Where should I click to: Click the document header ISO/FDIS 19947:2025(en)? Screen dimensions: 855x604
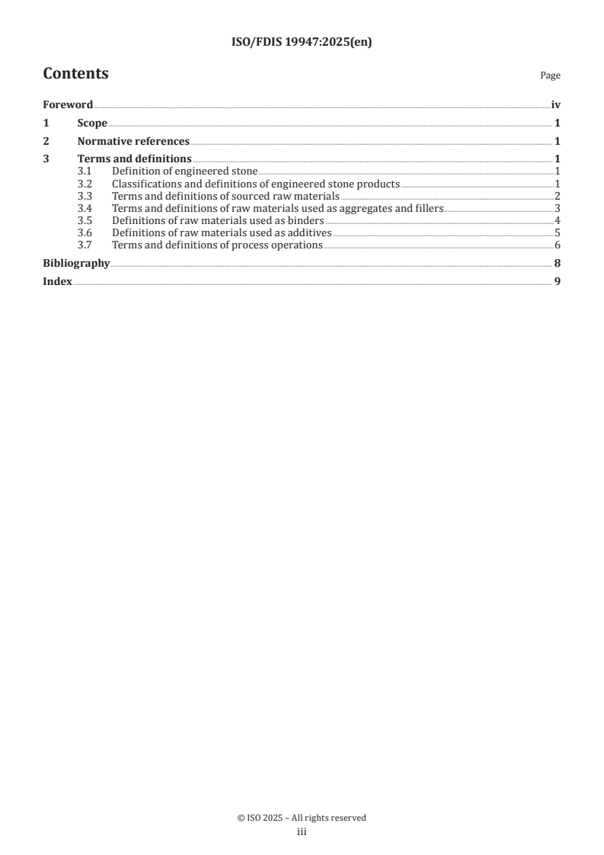[302, 43]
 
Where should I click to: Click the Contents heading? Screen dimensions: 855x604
[75, 74]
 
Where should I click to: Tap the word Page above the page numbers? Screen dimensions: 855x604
[550, 75]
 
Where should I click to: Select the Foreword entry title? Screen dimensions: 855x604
[68, 105]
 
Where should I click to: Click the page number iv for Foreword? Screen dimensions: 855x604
[556, 105]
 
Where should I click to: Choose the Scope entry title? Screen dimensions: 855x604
[92, 123]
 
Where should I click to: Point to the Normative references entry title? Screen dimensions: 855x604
[133, 141]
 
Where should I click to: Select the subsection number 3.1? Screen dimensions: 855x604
[85, 171]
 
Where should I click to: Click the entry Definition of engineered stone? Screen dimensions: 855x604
[184, 171]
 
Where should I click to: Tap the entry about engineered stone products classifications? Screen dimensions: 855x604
[255, 184]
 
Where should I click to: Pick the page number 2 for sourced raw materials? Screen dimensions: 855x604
[558, 196]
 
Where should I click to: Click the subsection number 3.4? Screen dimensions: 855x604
[85, 208]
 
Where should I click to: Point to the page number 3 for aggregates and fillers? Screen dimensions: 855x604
[558, 208]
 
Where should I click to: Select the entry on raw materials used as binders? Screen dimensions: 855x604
[218, 220]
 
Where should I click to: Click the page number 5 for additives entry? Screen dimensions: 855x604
[558, 232]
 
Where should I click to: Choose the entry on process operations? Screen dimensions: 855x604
[217, 245]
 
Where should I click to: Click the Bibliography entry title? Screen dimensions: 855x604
[76, 264]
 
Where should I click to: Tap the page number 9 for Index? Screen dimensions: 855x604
[558, 281]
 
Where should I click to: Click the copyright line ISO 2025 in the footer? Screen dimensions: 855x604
[302, 818]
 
